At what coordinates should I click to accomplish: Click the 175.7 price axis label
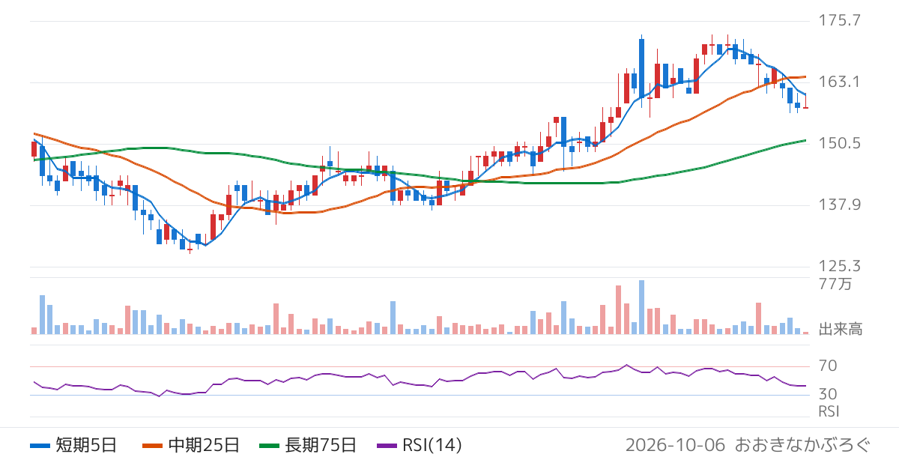[x=839, y=20]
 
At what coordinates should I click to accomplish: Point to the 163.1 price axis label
[x=839, y=82]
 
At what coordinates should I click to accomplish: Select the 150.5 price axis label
[x=839, y=143]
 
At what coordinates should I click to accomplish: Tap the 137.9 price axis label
[x=839, y=205]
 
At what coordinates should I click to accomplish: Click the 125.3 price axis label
[x=839, y=266]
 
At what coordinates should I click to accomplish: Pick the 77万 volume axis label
[x=835, y=284]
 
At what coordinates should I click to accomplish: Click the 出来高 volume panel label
[x=841, y=329]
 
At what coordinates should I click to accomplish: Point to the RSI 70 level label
[x=828, y=366]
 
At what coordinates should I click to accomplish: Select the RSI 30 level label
[x=828, y=395]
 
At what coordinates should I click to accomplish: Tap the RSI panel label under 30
[x=829, y=411]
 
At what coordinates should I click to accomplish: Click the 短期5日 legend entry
[x=73, y=445]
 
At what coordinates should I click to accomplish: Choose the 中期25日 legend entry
[x=191, y=445]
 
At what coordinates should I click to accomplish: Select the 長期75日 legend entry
[x=308, y=445]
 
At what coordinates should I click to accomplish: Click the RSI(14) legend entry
[x=420, y=445]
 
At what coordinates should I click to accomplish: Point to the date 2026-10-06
[x=675, y=445]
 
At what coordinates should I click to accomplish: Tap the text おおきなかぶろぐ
[x=802, y=445]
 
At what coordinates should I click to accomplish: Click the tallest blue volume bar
[x=642, y=307]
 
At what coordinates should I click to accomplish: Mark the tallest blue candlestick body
[x=642, y=68]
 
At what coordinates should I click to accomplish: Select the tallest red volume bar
[x=619, y=310]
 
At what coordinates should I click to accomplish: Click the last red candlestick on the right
[x=805, y=108]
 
